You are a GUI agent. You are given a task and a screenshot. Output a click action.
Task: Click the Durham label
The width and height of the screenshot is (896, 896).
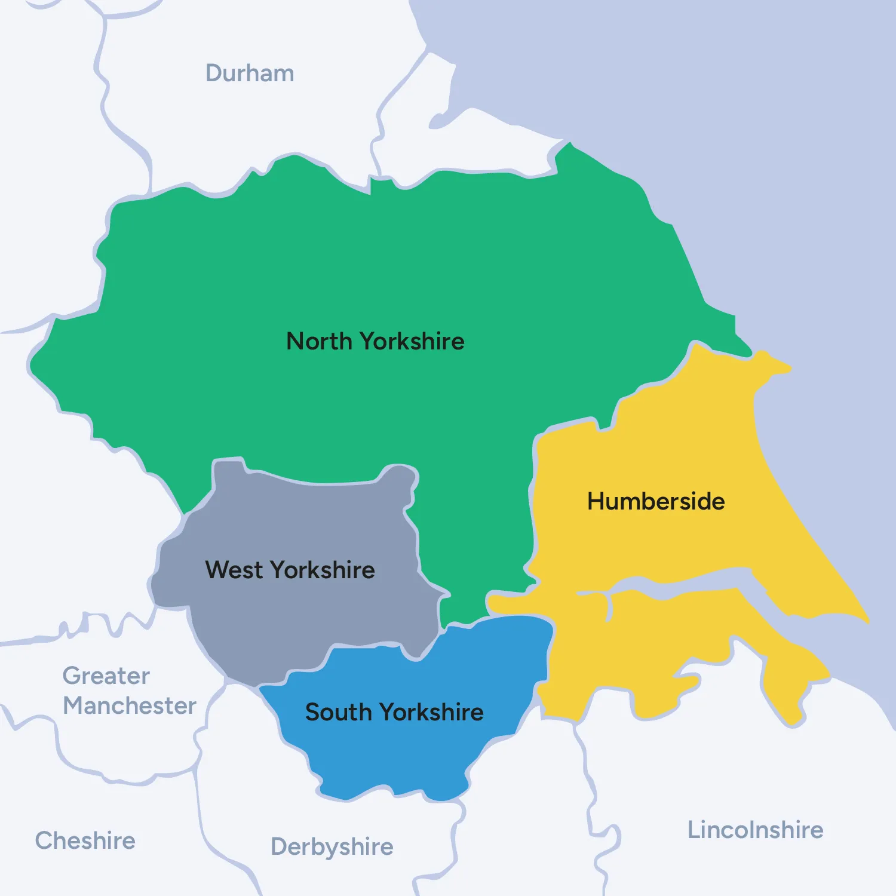tap(250, 73)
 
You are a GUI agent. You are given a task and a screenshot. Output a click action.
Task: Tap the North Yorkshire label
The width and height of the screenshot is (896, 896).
tap(375, 342)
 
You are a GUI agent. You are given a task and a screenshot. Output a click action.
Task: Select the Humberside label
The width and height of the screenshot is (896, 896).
tap(656, 502)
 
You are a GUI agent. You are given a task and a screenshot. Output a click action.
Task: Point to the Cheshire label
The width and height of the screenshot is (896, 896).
tap(85, 841)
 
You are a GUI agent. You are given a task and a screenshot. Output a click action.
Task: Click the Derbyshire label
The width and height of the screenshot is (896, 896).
tap(332, 847)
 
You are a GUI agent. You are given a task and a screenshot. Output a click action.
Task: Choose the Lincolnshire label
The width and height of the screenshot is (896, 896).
tap(755, 830)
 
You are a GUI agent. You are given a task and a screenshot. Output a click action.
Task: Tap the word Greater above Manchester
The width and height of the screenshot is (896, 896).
tap(106, 676)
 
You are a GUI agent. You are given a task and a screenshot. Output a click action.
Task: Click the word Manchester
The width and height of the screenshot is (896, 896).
tap(130, 706)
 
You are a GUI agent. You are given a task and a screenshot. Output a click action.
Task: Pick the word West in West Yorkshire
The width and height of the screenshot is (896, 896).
tap(234, 570)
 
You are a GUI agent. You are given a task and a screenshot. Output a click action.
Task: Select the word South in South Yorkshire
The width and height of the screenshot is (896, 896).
tap(339, 713)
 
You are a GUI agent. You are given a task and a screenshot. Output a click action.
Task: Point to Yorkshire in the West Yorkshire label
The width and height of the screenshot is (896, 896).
tap(323, 570)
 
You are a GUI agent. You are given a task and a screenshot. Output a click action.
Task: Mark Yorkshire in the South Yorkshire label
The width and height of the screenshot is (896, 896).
tap(431, 713)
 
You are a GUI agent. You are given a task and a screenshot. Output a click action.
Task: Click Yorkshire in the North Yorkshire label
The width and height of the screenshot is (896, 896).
tap(412, 342)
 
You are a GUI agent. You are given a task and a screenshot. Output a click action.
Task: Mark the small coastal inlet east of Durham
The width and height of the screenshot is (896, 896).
tap(442, 119)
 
